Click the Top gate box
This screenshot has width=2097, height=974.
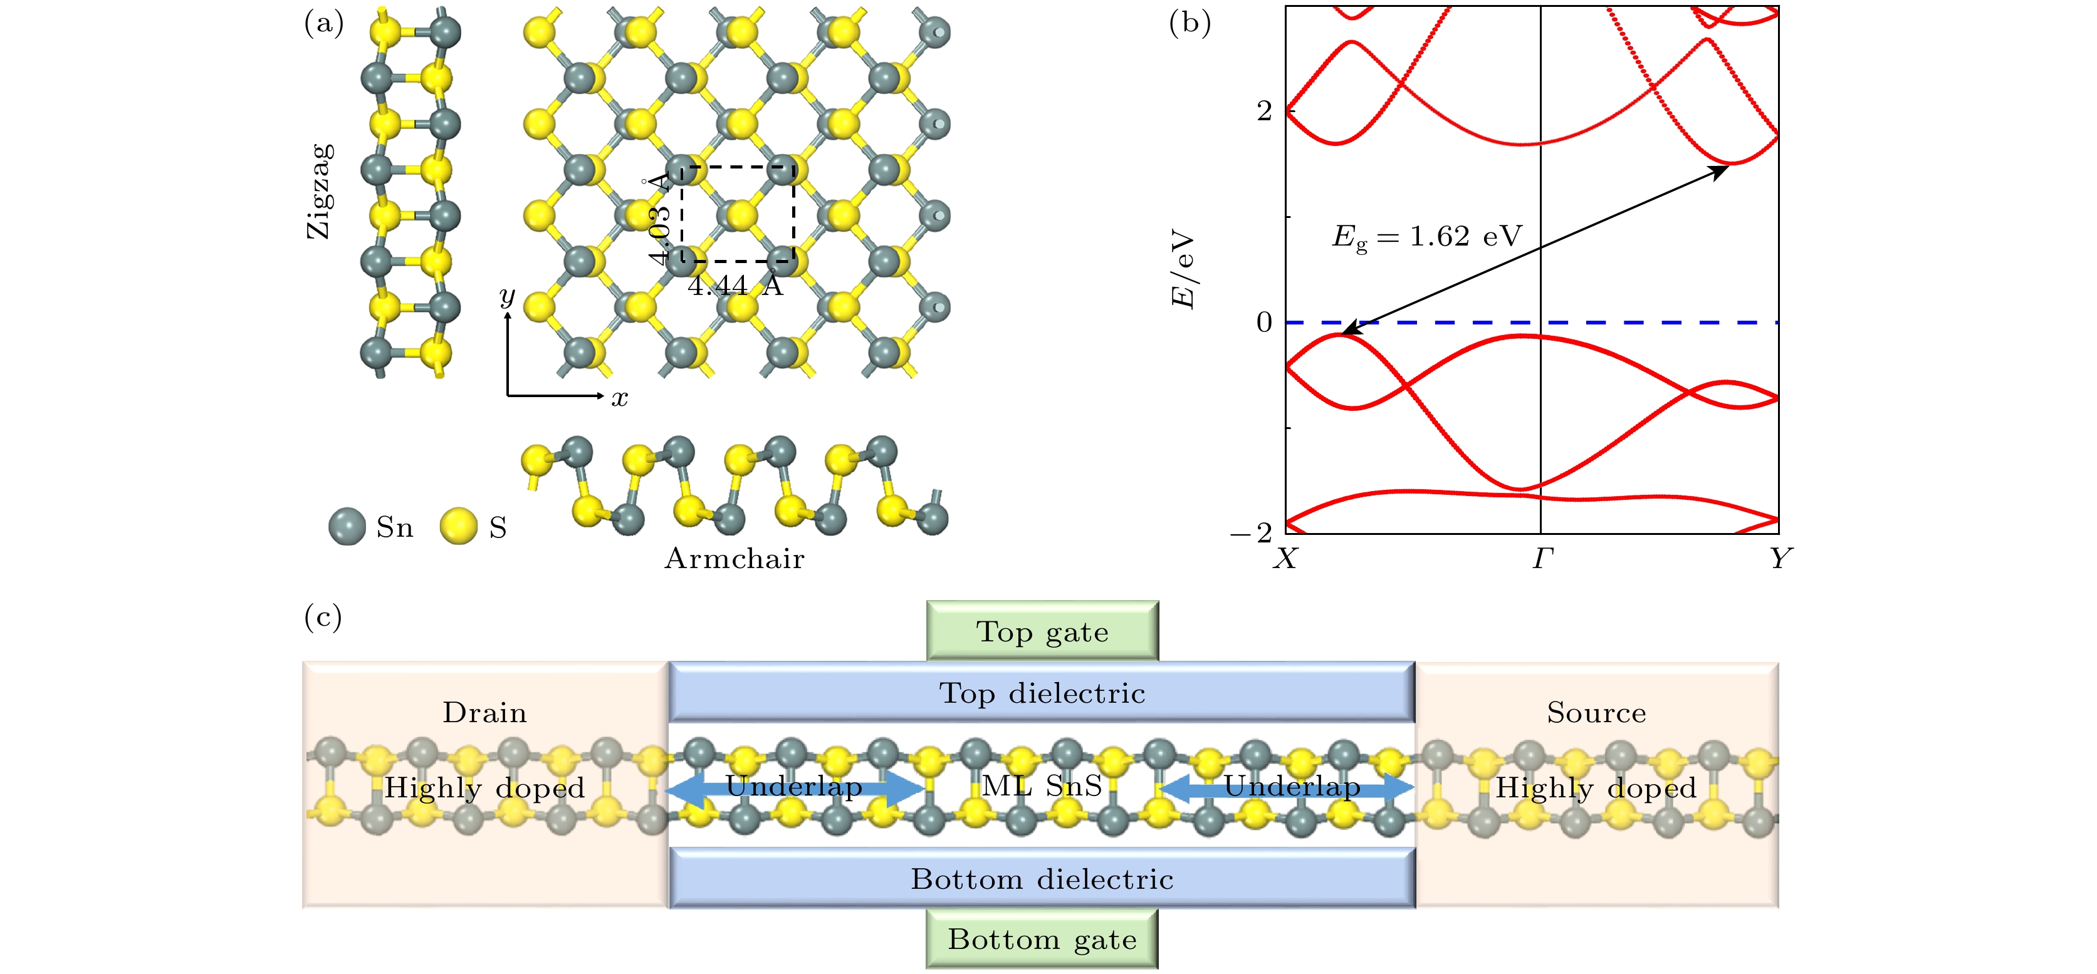click(1042, 631)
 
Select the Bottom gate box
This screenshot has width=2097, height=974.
click(1042, 939)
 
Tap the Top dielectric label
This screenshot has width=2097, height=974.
click(1042, 693)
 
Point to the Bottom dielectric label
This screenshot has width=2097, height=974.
click(1042, 879)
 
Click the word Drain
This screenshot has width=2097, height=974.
click(484, 713)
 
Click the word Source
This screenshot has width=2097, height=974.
click(1596, 713)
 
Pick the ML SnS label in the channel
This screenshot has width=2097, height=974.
click(1042, 786)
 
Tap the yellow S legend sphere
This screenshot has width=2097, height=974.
click(458, 527)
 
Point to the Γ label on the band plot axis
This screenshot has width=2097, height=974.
click(1542, 559)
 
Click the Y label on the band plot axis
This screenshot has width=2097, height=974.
click(1781, 559)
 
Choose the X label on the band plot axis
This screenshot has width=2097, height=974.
click(1285, 559)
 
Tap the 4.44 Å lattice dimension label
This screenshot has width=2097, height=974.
click(735, 286)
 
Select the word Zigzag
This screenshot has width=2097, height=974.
click(320, 191)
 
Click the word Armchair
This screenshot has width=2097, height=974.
click(735, 559)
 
